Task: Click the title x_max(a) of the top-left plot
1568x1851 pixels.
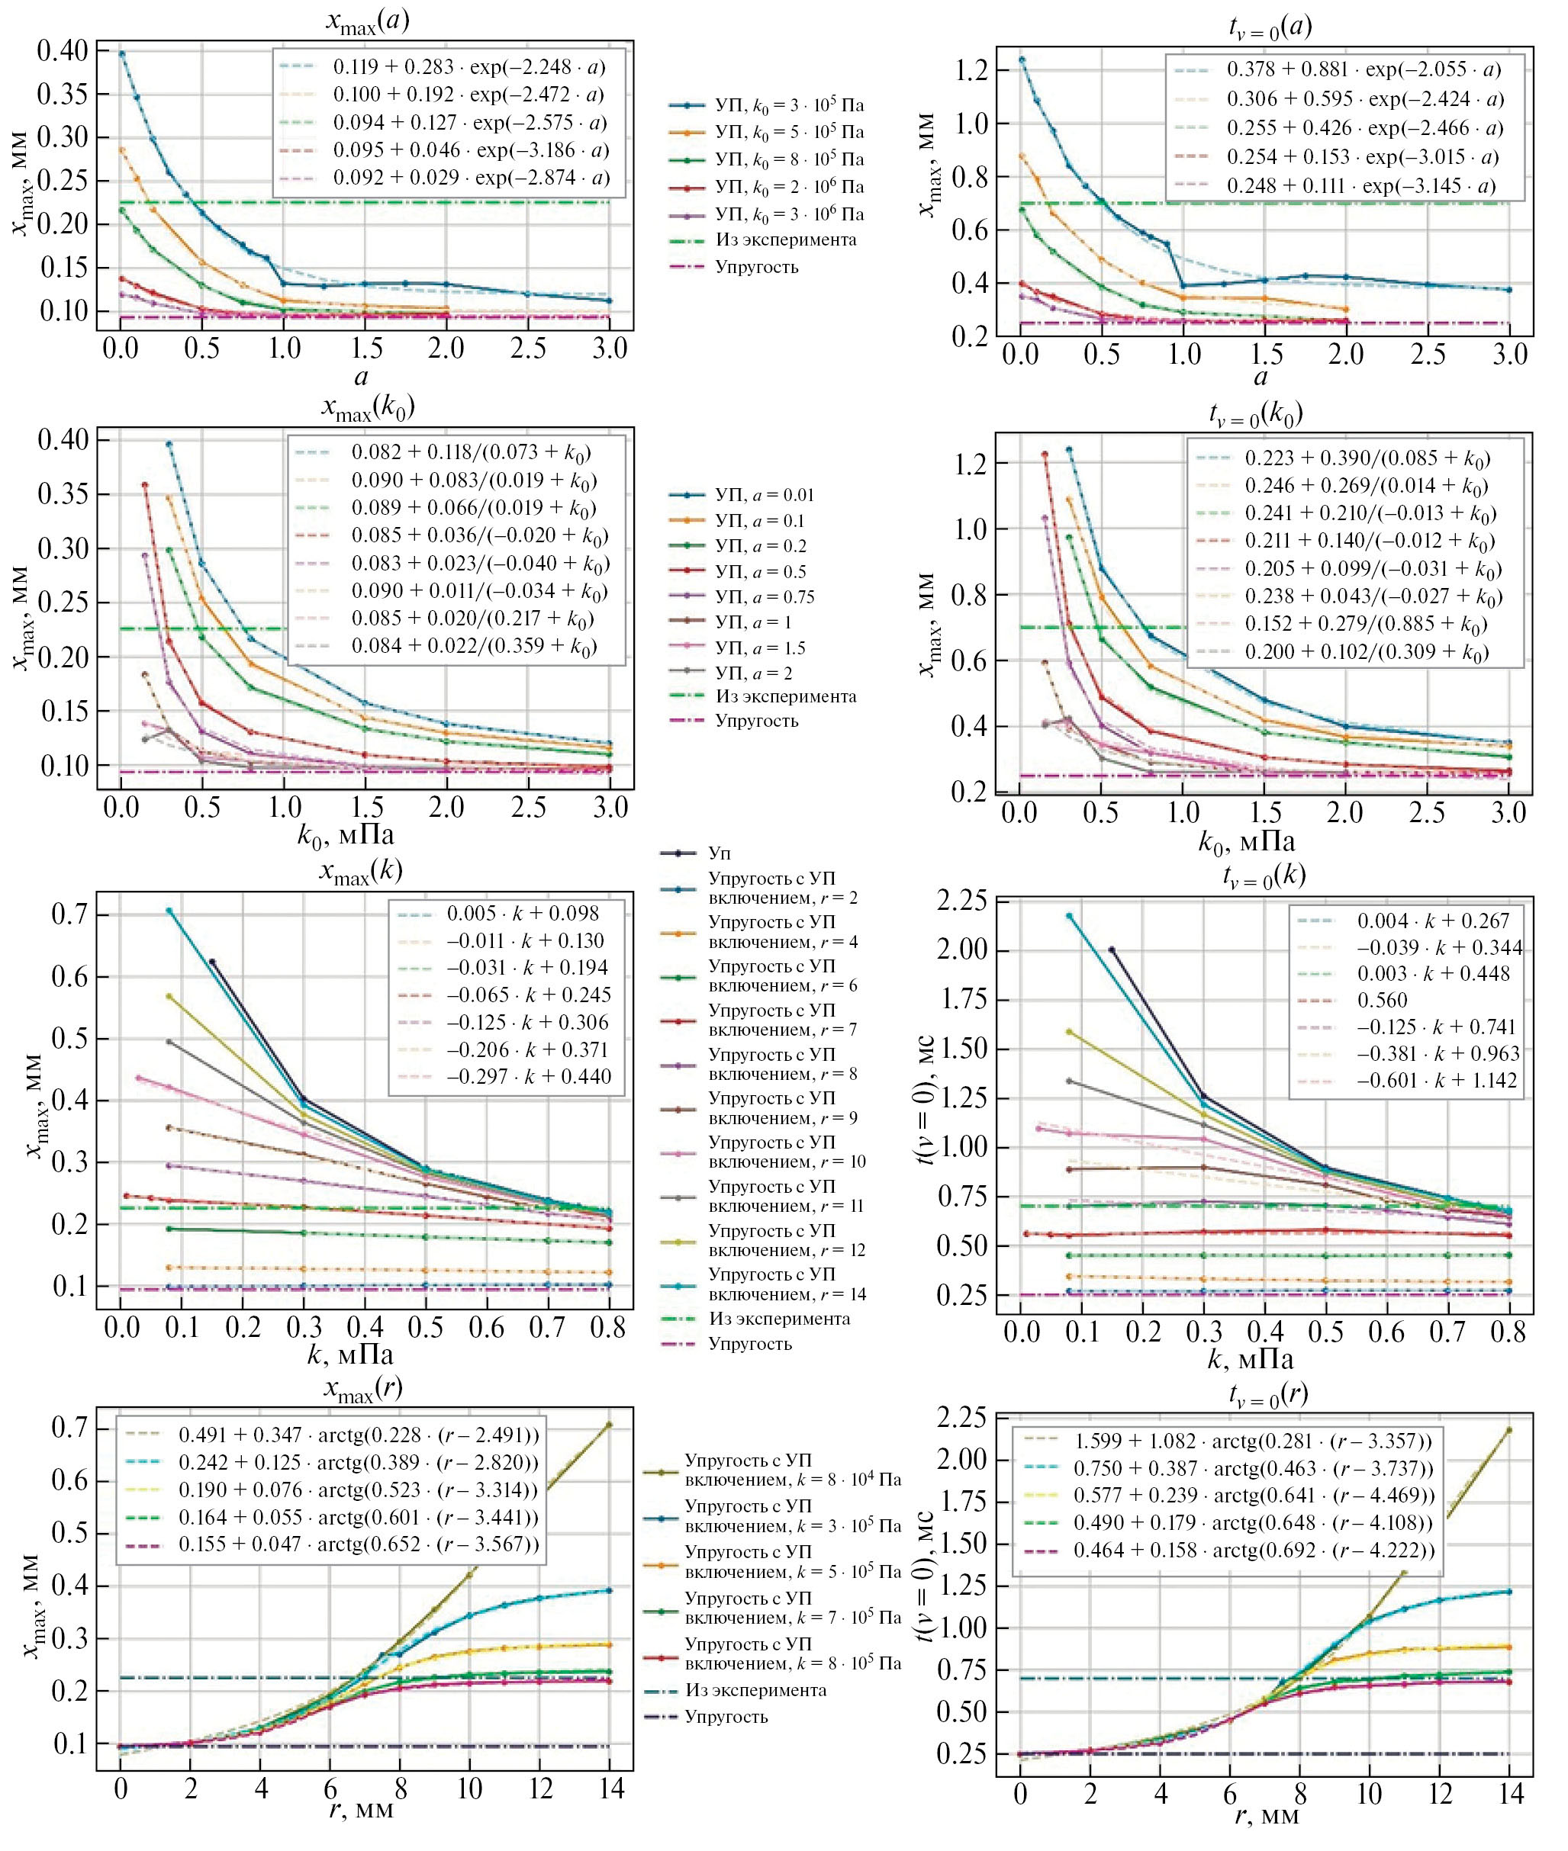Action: (366, 21)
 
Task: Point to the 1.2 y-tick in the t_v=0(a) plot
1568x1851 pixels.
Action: (975, 70)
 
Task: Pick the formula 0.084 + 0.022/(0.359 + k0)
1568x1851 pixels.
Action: (473, 647)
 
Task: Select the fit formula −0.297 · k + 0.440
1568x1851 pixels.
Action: (528, 1076)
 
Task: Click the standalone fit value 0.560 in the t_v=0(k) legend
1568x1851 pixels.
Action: (1383, 1000)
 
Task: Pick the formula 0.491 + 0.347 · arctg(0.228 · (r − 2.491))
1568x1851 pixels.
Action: (358, 1435)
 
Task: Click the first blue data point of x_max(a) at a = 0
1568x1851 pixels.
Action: (122, 53)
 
